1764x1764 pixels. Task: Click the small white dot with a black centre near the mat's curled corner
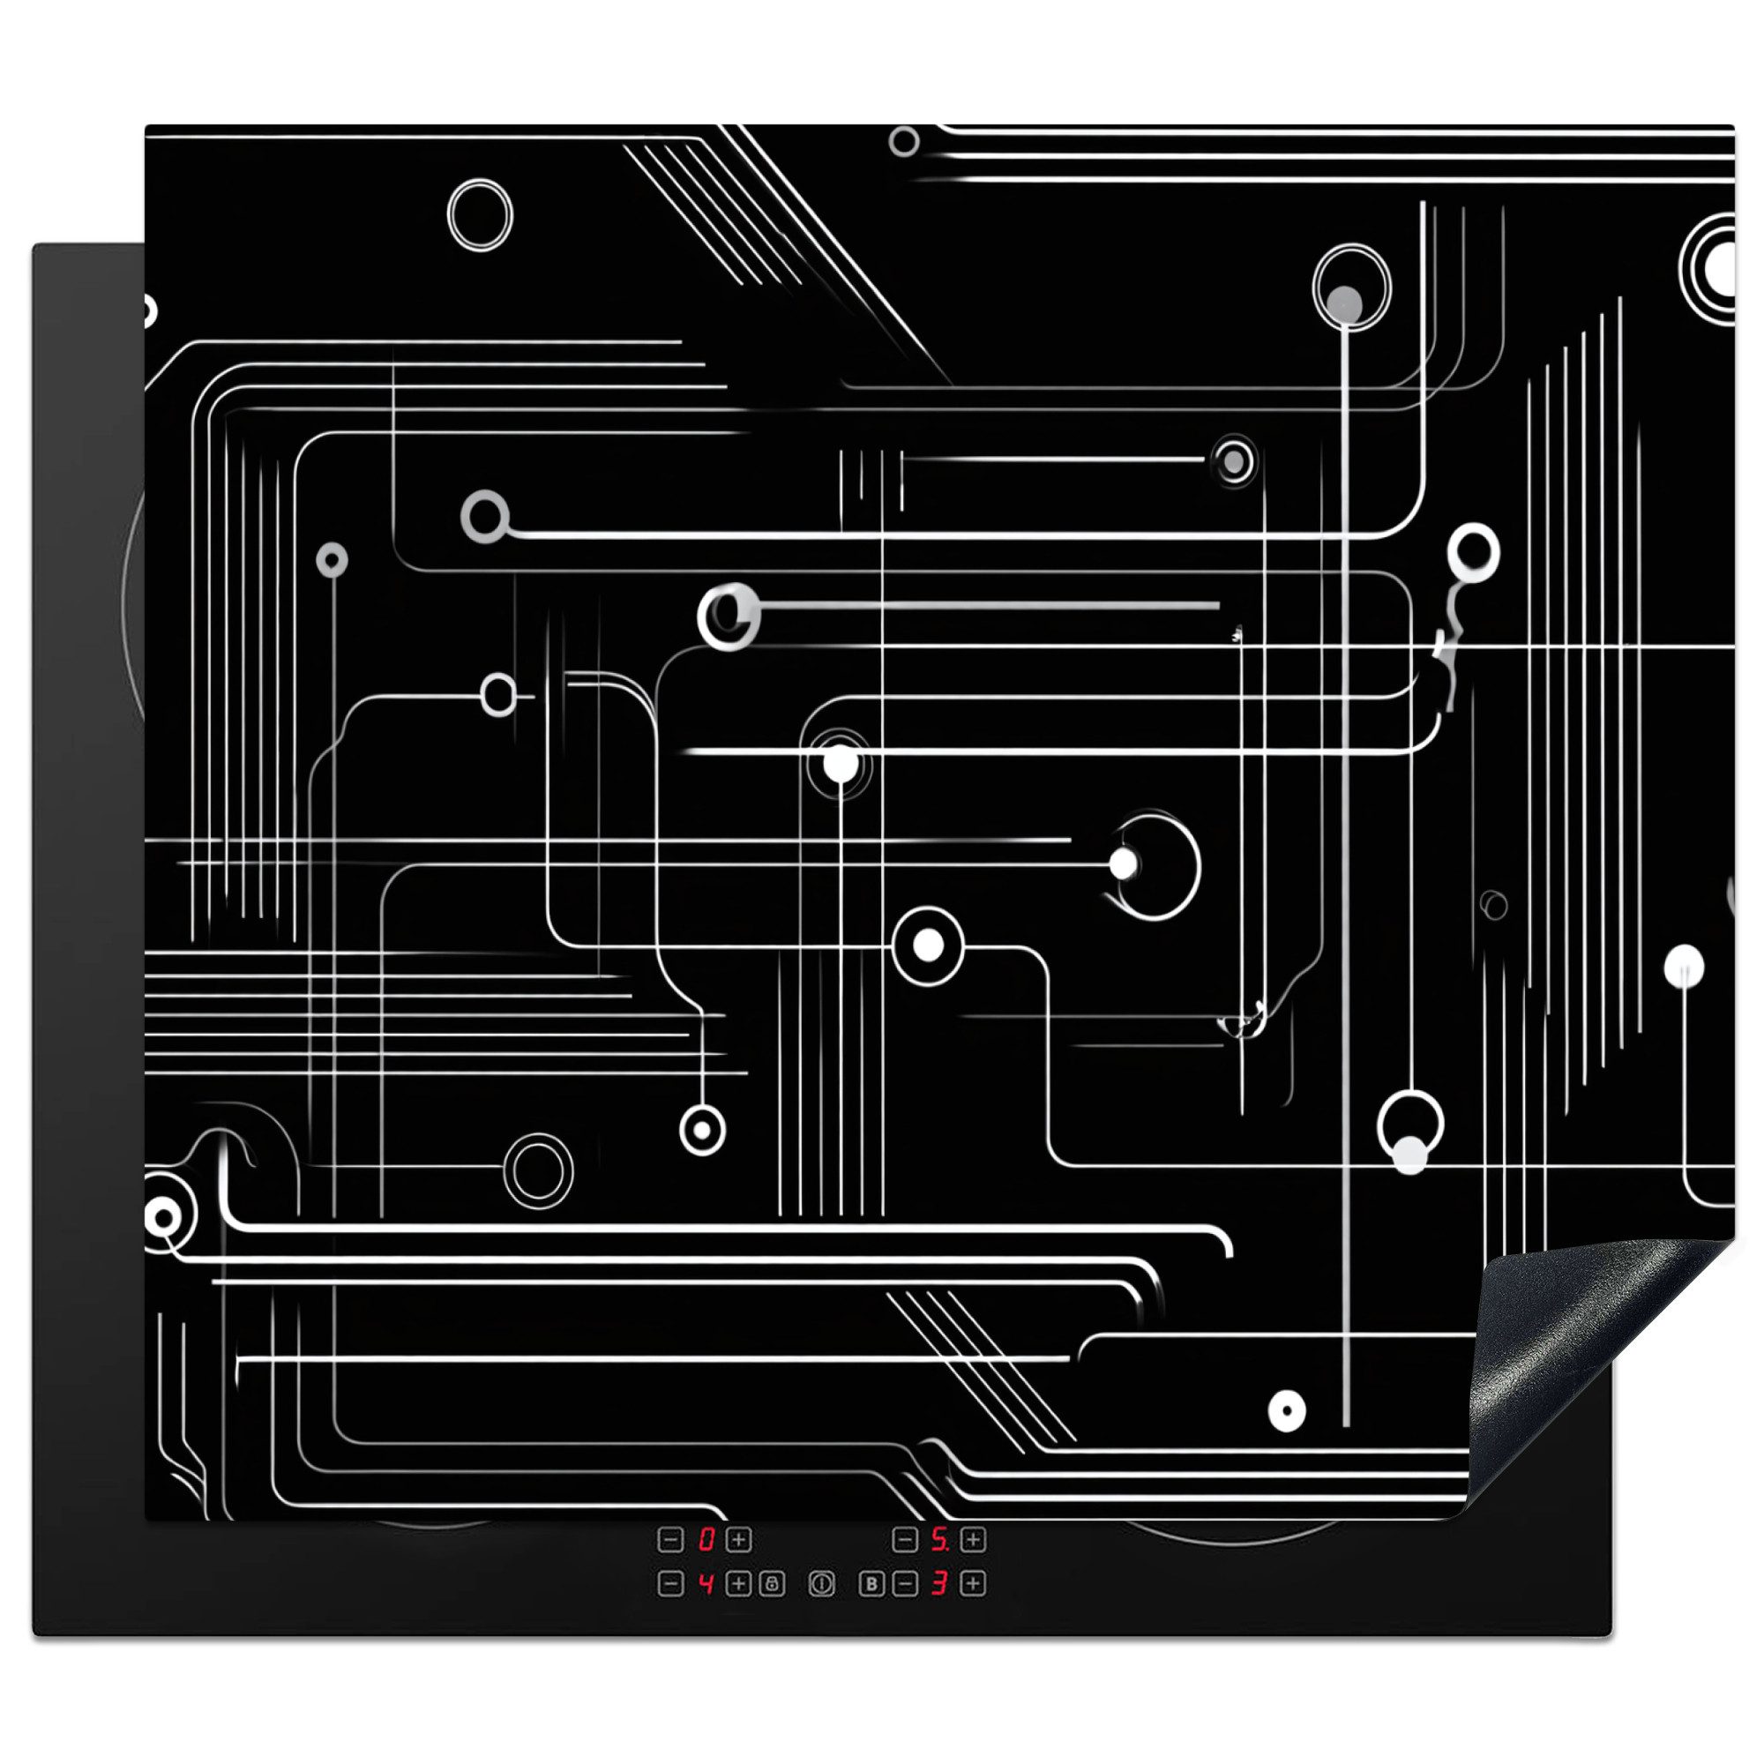[1288, 1411]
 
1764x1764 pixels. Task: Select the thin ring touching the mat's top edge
[904, 141]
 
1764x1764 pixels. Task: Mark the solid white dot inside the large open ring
[1123, 863]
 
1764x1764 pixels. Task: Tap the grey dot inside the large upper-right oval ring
[1345, 303]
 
